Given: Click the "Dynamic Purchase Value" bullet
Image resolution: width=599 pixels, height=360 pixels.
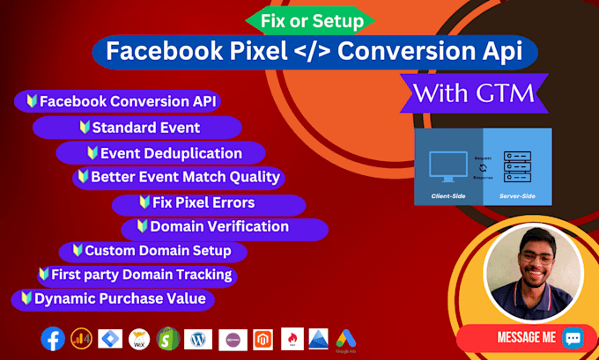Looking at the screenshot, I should tap(111, 299).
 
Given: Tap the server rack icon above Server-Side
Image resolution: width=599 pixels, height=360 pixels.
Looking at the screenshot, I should tap(517, 164).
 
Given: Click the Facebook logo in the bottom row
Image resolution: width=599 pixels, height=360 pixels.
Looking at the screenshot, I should tap(52, 339).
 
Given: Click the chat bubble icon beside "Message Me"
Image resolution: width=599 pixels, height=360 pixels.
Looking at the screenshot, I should tap(573, 338).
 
